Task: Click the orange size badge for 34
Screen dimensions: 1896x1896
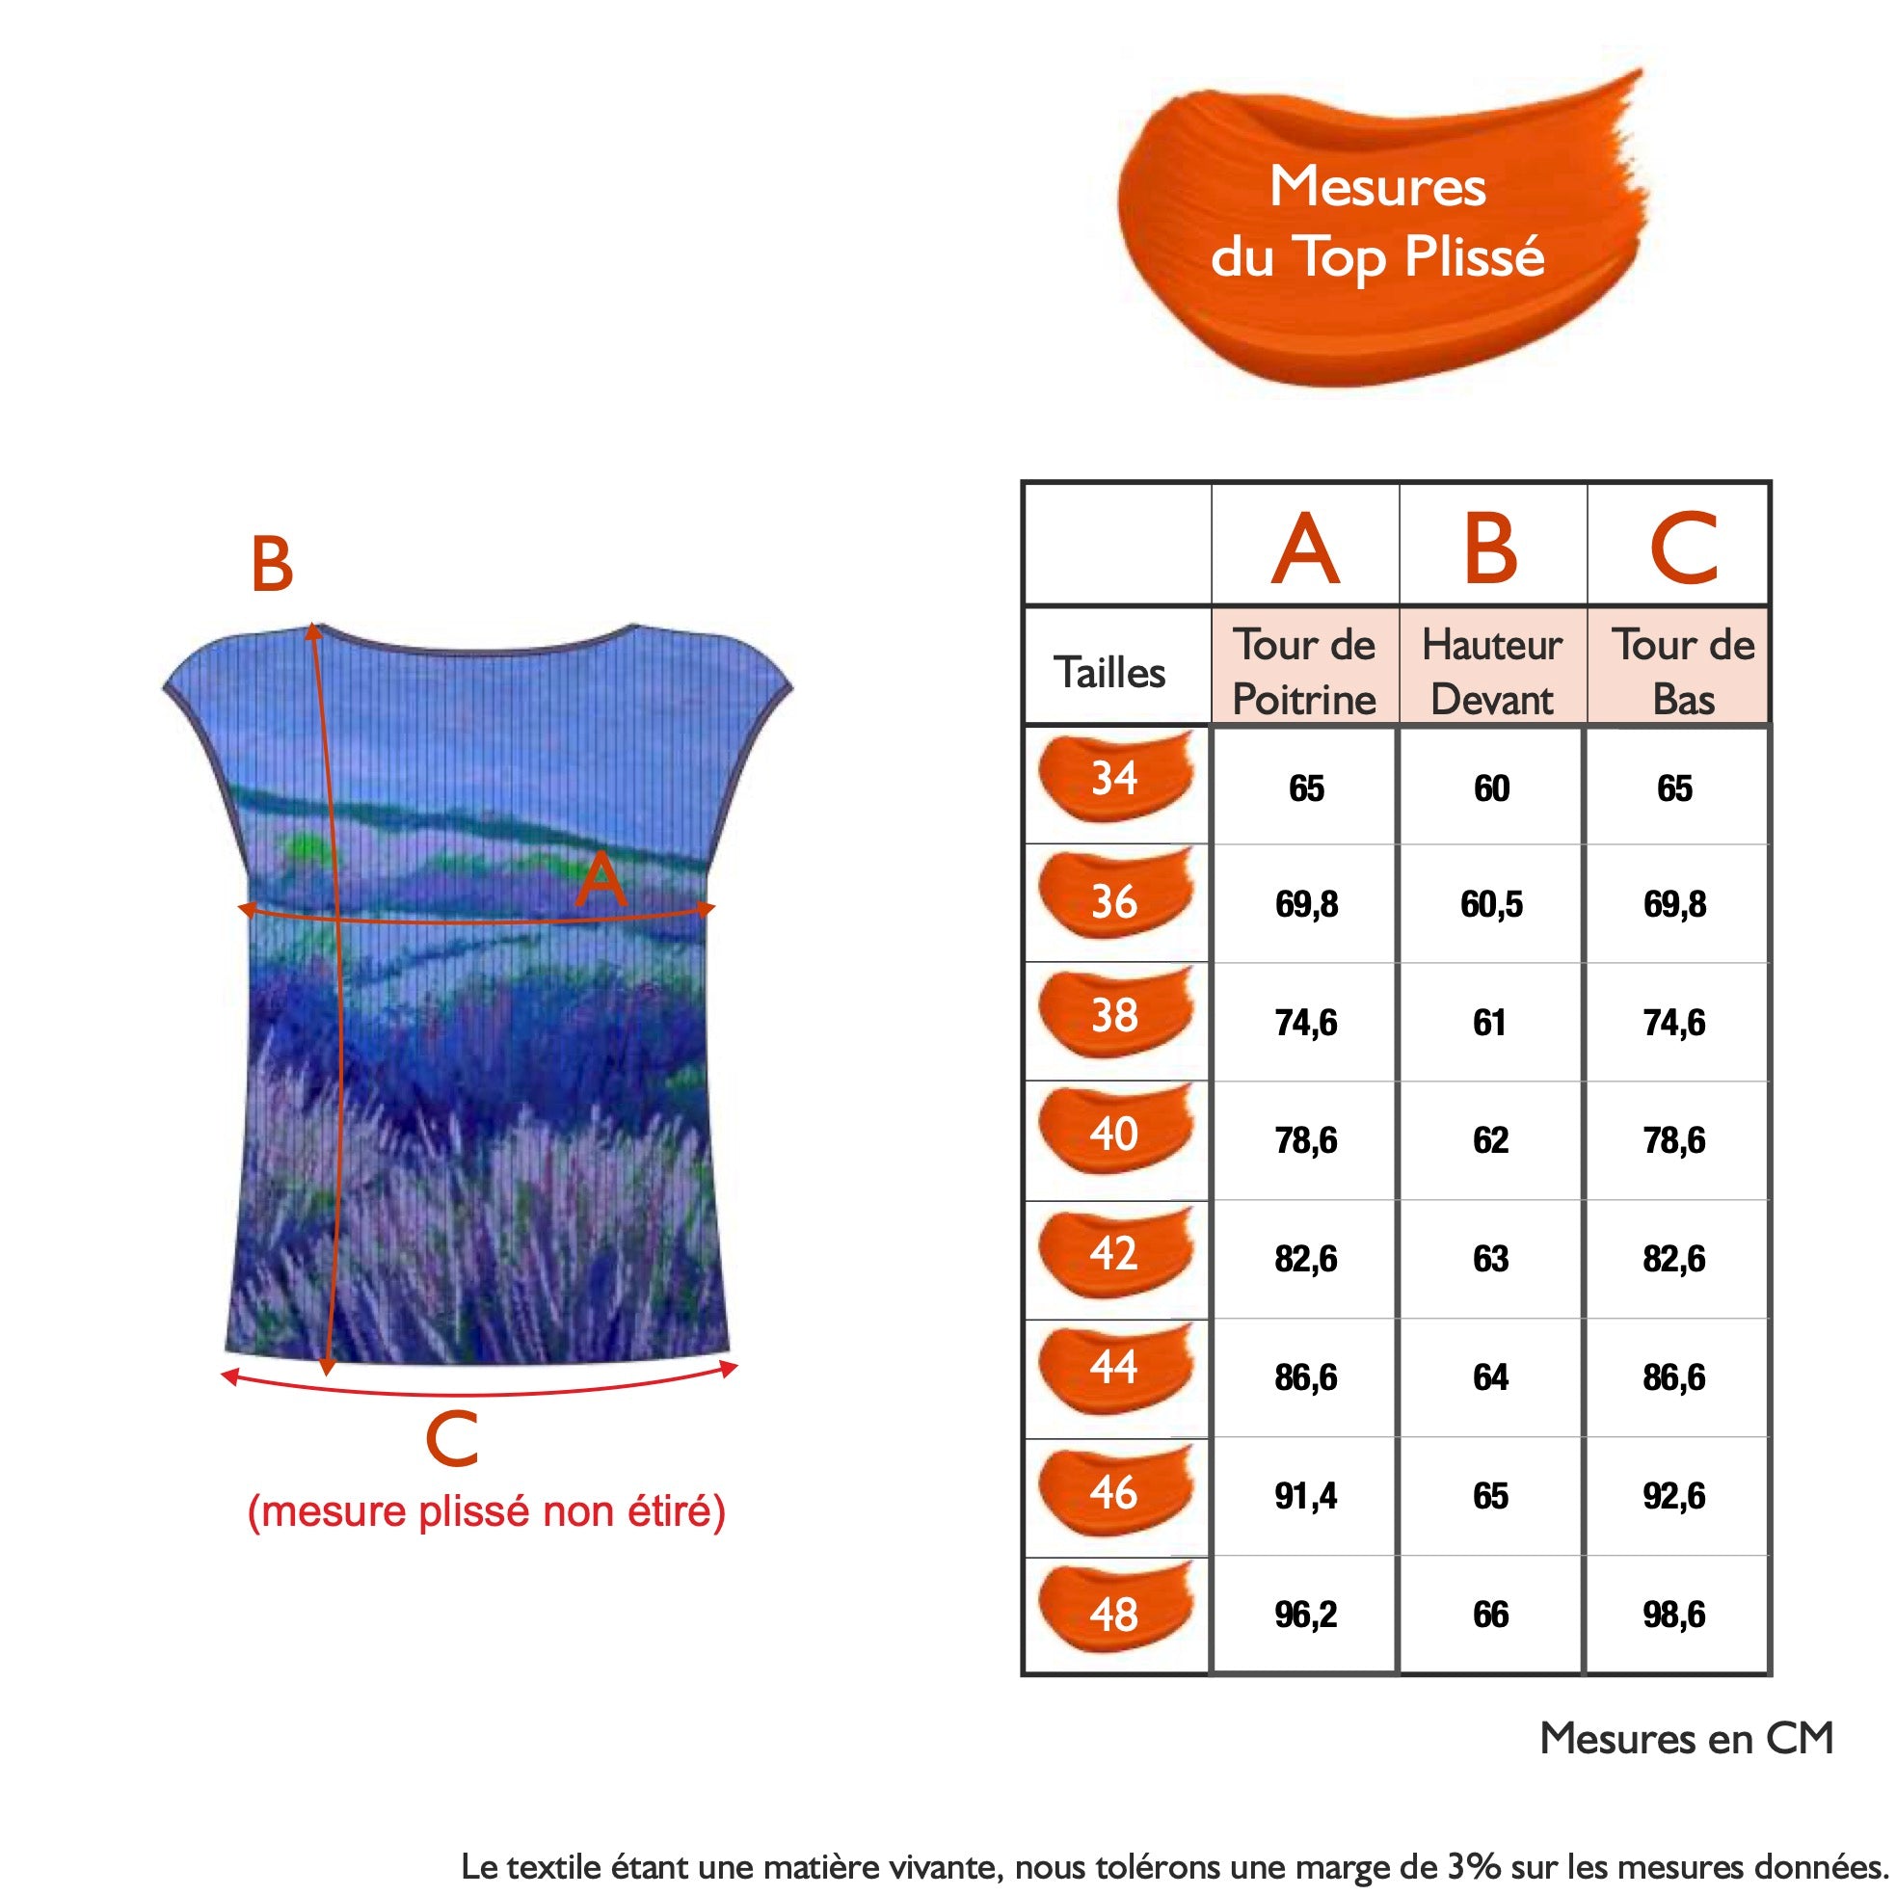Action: point(1116,776)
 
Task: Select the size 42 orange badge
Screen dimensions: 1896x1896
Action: point(1116,1252)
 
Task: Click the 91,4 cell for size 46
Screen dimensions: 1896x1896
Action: point(1305,1496)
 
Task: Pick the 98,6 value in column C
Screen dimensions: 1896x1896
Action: point(1674,1615)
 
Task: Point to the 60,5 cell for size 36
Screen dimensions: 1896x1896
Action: point(1491,904)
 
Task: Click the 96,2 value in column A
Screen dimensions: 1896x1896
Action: point(1305,1615)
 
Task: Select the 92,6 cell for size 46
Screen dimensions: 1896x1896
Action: point(1674,1496)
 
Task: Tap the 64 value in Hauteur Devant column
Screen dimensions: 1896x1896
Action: point(1491,1376)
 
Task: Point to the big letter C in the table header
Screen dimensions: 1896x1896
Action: point(1683,547)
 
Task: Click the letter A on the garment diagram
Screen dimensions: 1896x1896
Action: point(601,880)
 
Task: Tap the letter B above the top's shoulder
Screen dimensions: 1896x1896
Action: point(272,564)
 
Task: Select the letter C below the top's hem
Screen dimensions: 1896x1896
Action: point(451,1439)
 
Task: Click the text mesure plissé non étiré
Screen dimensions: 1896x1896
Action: point(487,1512)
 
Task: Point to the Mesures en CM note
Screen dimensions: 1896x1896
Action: point(1686,1738)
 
